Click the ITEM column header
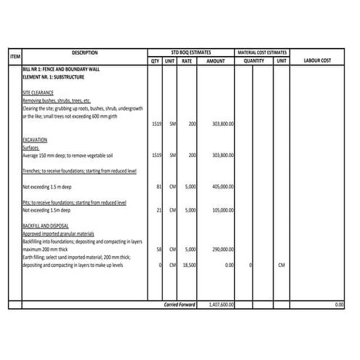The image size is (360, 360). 15,57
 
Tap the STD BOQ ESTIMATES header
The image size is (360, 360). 191,53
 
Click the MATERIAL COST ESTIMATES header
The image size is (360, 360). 262,53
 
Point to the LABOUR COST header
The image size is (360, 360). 317,61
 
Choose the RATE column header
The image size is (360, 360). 187,61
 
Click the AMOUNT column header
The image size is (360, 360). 216,61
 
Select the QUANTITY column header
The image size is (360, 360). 254,61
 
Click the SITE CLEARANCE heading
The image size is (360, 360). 38,93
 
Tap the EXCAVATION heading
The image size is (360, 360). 35,139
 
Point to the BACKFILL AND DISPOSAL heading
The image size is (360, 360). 47,226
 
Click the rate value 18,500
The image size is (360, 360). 188,265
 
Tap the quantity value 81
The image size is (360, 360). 159,187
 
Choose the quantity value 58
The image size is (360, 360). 159,249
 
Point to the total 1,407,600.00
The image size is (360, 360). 219,305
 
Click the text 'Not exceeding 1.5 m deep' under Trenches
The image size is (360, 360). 50,187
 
